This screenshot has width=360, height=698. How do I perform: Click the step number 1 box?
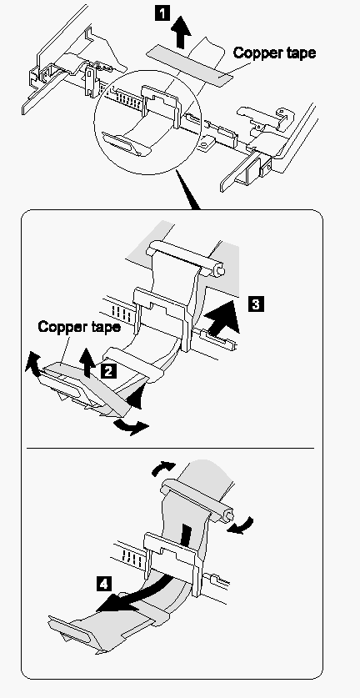(162, 13)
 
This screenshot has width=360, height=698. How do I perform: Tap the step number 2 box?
(109, 370)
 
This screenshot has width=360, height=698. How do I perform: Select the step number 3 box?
(257, 304)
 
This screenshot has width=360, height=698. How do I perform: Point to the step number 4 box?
(103, 584)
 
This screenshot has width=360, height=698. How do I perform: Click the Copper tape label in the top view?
(274, 53)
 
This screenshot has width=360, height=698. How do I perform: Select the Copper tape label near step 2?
(79, 327)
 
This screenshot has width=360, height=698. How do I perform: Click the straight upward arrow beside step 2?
(88, 364)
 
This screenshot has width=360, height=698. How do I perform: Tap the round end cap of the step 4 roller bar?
(228, 515)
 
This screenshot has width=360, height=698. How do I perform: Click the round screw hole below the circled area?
(206, 144)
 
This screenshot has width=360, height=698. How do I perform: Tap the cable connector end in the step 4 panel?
(71, 630)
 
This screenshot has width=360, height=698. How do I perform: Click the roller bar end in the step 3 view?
(220, 269)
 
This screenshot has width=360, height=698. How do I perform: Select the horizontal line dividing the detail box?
(170, 448)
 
